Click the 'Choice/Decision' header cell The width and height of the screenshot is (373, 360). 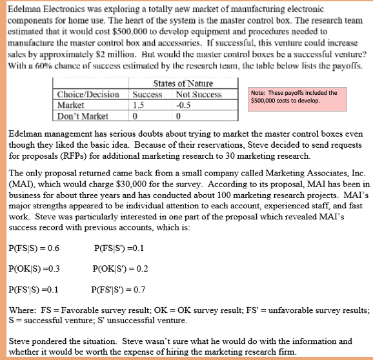85,95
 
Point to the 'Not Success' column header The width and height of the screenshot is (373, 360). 197,95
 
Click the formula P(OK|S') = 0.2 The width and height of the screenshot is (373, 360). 121,269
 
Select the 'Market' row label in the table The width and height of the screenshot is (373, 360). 68,106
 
